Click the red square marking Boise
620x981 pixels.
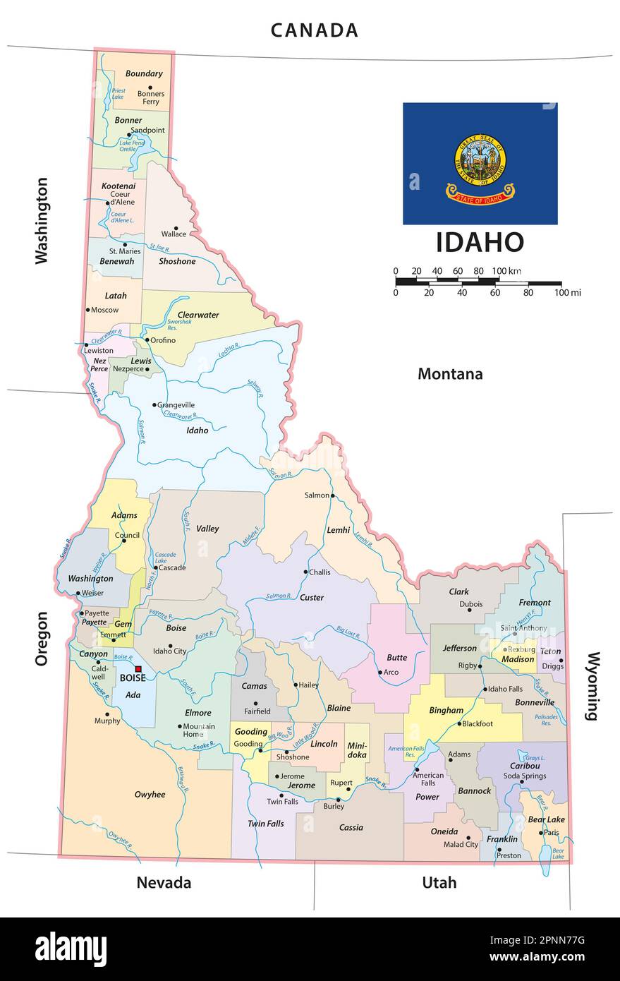(138, 669)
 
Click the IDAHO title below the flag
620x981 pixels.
(480, 242)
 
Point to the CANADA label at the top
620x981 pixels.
(315, 30)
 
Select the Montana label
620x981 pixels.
(450, 374)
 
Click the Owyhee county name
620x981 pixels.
(150, 795)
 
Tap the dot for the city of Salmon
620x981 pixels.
(333, 495)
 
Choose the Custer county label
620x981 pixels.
(312, 598)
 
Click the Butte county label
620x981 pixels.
(397, 657)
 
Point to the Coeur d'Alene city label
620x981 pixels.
(120, 198)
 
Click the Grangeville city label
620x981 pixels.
(176, 405)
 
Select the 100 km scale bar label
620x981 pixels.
(506, 271)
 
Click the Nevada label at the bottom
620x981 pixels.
(164, 882)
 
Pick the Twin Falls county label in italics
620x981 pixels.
(265, 824)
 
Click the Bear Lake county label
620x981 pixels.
(546, 819)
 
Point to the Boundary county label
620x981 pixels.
(144, 73)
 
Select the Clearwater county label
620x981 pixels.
(198, 315)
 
